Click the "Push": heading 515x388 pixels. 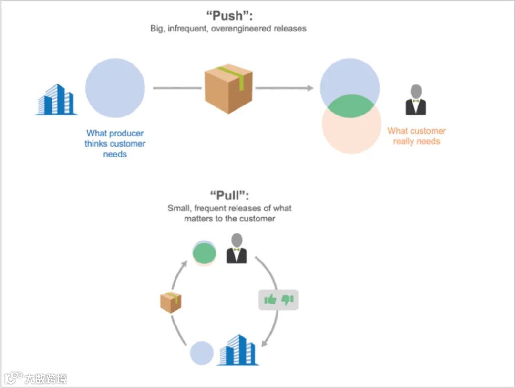click(x=229, y=16)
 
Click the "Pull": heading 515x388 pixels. click(x=229, y=195)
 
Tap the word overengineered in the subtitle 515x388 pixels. click(x=241, y=29)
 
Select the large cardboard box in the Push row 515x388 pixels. click(x=228, y=89)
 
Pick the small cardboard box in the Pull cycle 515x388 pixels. click(x=171, y=302)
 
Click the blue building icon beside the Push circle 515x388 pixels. click(x=56, y=99)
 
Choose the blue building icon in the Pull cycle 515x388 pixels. click(x=238, y=350)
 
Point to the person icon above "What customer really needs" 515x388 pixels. click(x=416, y=100)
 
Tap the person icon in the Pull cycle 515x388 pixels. click(x=237, y=248)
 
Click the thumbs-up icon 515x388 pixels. click(x=270, y=300)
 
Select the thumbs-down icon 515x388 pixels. click(x=288, y=300)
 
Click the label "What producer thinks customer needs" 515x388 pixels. click(x=115, y=144)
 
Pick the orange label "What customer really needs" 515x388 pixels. click(x=416, y=136)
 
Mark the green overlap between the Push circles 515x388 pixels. click(x=351, y=106)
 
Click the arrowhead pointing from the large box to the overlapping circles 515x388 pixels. click(x=310, y=88)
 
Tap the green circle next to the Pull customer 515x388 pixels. click(x=204, y=253)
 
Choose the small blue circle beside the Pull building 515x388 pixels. click(x=202, y=353)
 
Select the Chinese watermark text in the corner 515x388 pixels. click(x=46, y=379)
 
